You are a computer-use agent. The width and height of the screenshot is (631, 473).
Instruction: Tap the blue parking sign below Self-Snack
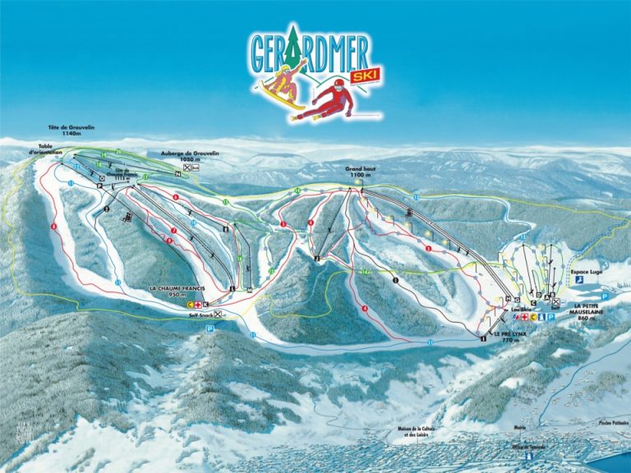point(210,328)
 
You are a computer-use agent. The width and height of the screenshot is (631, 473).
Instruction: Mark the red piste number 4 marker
point(364,309)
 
